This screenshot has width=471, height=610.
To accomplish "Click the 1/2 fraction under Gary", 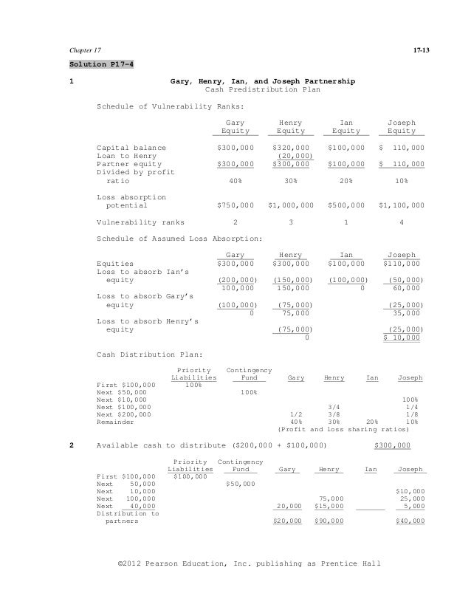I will (x=297, y=414).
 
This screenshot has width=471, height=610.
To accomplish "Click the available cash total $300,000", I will (x=393, y=446).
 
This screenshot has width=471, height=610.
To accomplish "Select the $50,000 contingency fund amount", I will (x=239, y=484).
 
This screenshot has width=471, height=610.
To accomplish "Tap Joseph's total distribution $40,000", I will (x=410, y=521).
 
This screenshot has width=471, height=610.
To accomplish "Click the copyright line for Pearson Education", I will (x=249, y=565).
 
